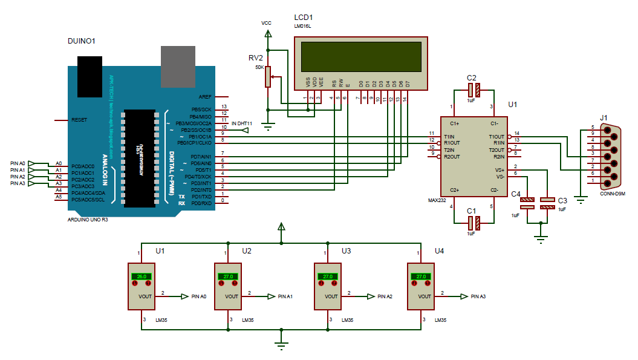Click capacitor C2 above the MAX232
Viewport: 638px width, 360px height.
tap(474, 91)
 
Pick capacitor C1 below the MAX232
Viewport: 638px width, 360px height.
tap(474, 222)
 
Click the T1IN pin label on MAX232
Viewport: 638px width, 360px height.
tap(449, 136)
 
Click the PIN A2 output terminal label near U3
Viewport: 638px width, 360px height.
tap(385, 296)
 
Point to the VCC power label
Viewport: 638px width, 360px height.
tap(266, 23)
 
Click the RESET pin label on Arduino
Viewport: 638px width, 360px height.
tap(79, 120)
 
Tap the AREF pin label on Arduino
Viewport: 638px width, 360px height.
tap(205, 96)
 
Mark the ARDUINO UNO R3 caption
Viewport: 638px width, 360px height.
tap(88, 219)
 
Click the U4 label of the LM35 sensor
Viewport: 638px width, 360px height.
tap(439, 250)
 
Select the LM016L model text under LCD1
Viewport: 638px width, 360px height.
tap(302, 26)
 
